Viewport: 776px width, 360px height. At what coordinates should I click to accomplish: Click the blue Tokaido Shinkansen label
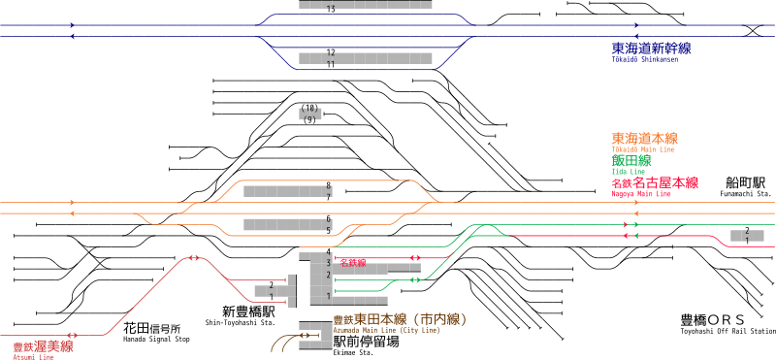click(651, 49)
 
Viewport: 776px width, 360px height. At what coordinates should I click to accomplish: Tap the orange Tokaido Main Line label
click(644, 140)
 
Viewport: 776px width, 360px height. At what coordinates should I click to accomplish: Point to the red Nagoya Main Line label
click(655, 183)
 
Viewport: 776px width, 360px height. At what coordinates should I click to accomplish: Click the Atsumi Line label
click(43, 347)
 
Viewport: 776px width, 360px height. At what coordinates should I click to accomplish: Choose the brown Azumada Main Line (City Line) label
click(400, 320)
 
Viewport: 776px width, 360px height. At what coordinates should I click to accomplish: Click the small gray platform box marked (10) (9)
click(309, 114)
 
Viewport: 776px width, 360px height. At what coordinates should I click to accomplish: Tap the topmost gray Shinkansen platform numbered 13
click(365, 5)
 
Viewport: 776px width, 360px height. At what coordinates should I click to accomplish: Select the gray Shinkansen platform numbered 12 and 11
click(365, 58)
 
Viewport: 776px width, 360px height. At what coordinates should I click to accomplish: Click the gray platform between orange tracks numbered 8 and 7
click(287, 191)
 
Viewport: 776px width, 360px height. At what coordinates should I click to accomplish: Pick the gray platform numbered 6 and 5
click(287, 225)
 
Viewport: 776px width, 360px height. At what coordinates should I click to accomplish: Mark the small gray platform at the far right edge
click(747, 236)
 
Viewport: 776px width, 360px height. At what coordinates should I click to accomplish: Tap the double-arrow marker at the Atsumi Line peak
click(194, 258)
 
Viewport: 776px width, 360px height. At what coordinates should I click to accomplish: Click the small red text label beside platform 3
click(353, 262)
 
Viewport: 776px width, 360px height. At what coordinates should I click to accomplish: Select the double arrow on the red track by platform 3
click(415, 258)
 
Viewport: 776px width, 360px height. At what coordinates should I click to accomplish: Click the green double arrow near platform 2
click(415, 279)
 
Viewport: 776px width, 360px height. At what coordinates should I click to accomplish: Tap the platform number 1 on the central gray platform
click(329, 296)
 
